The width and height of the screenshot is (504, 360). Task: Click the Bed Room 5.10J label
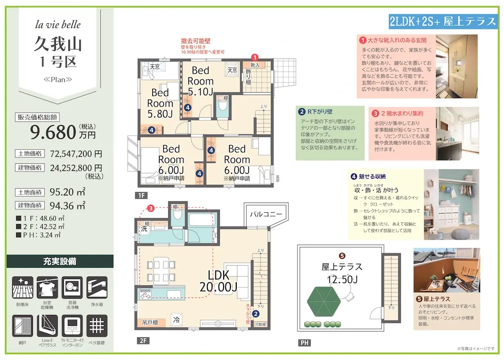pyautogui.click(x=200, y=81)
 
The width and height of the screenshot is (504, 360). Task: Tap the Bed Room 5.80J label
pyautogui.click(x=160, y=103)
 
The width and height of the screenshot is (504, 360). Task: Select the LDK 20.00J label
pyautogui.click(x=219, y=280)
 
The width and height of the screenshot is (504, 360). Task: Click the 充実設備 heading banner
pyautogui.click(x=59, y=261)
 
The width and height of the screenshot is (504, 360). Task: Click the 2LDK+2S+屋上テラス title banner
pyautogui.click(x=442, y=21)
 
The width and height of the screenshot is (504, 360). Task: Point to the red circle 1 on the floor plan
pyautogui.click(x=255, y=57)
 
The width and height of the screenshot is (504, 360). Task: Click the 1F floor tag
pyautogui.click(x=141, y=196)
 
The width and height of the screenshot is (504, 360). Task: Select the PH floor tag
pyautogui.click(x=304, y=343)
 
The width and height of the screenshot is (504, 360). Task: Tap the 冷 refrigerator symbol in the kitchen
pyautogui.click(x=177, y=319)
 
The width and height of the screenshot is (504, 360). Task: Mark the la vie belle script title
pyautogui.click(x=58, y=24)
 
